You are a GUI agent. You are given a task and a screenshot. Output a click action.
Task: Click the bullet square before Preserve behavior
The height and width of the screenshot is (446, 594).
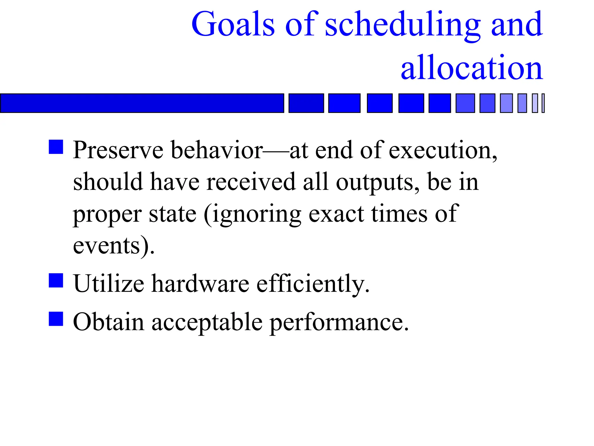click(x=56, y=147)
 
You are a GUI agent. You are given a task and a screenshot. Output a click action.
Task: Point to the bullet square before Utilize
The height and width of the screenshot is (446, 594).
click(x=56, y=280)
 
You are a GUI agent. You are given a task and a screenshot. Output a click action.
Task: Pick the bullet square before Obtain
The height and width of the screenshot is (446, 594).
click(x=56, y=319)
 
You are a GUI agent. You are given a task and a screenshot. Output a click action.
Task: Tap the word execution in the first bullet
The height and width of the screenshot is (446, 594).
click(x=442, y=150)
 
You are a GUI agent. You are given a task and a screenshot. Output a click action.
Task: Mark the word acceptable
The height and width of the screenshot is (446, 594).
click(x=207, y=322)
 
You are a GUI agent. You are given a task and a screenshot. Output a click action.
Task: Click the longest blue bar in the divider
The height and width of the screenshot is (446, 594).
click(x=142, y=103)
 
